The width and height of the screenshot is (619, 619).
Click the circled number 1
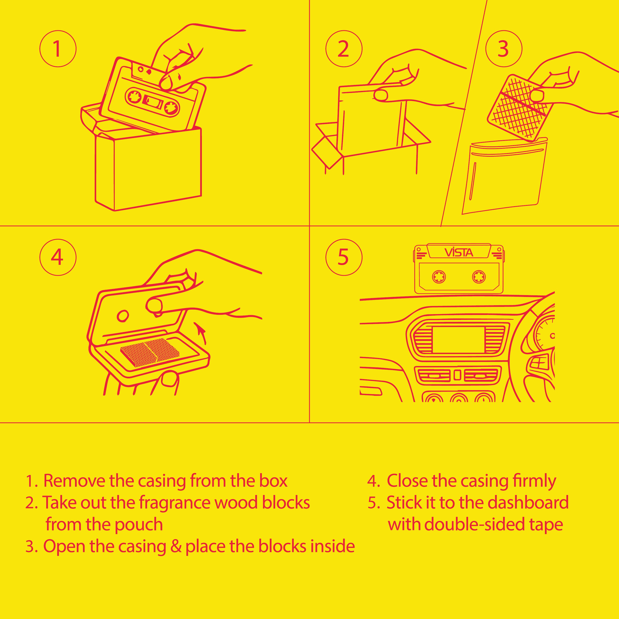(58, 49)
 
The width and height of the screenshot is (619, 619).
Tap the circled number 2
(344, 49)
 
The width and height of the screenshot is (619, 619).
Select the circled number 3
(504, 49)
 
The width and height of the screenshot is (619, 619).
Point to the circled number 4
(58, 257)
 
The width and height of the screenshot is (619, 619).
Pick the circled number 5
(344, 257)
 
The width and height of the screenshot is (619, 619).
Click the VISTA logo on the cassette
(459, 253)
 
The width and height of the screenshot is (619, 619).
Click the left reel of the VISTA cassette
(439, 277)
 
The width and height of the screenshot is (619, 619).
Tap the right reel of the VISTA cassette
(479, 277)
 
